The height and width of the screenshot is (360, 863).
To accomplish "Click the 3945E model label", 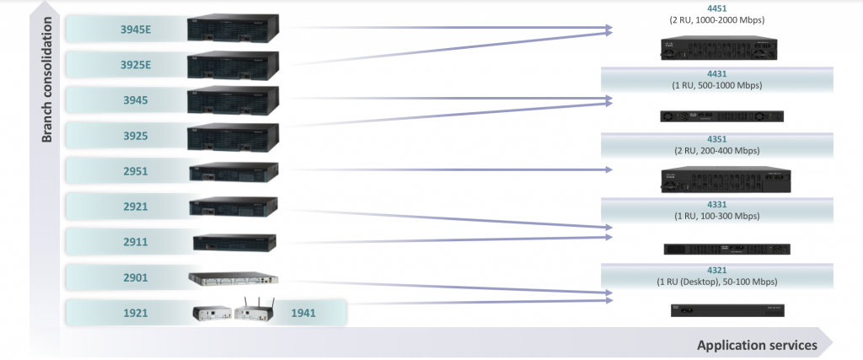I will pyautogui.click(x=137, y=30).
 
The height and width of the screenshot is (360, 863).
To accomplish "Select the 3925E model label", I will pyautogui.click(x=137, y=65).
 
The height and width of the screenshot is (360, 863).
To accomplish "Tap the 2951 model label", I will pyautogui.click(x=135, y=171).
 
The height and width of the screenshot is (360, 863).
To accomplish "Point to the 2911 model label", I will pyautogui.click(x=135, y=242).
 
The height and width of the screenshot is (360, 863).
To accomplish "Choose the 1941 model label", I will pyautogui.click(x=303, y=313).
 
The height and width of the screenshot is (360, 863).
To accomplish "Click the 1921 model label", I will pyautogui.click(x=135, y=313).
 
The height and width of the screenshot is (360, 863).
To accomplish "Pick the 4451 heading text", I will pyautogui.click(x=717, y=8).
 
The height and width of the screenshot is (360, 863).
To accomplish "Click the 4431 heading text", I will pyautogui.click(x=717, y=74).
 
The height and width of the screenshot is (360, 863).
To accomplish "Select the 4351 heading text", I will pyautogui.click(x=717, y=139).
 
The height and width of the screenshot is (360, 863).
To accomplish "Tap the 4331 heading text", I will pyautogui.click(x=717, y=204).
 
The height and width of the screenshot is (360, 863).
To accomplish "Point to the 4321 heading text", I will pyautogui.click(x=717, y=270).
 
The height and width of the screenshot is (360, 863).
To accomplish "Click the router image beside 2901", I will pyautogui.click(x=233, y=277).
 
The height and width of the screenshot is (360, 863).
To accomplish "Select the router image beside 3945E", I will pyautogui.click(x=233, y=30).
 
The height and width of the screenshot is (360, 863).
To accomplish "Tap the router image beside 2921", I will pyautogui.click(x=233, y=206).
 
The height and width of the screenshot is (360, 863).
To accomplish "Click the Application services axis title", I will pyautogui.click(x=757, y=345).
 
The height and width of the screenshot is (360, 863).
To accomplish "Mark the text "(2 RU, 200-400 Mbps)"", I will pyautogui.click(x=717, y=150).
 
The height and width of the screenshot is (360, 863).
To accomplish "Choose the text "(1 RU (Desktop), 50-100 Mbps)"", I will pyautogui.click(x=717, y=281).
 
